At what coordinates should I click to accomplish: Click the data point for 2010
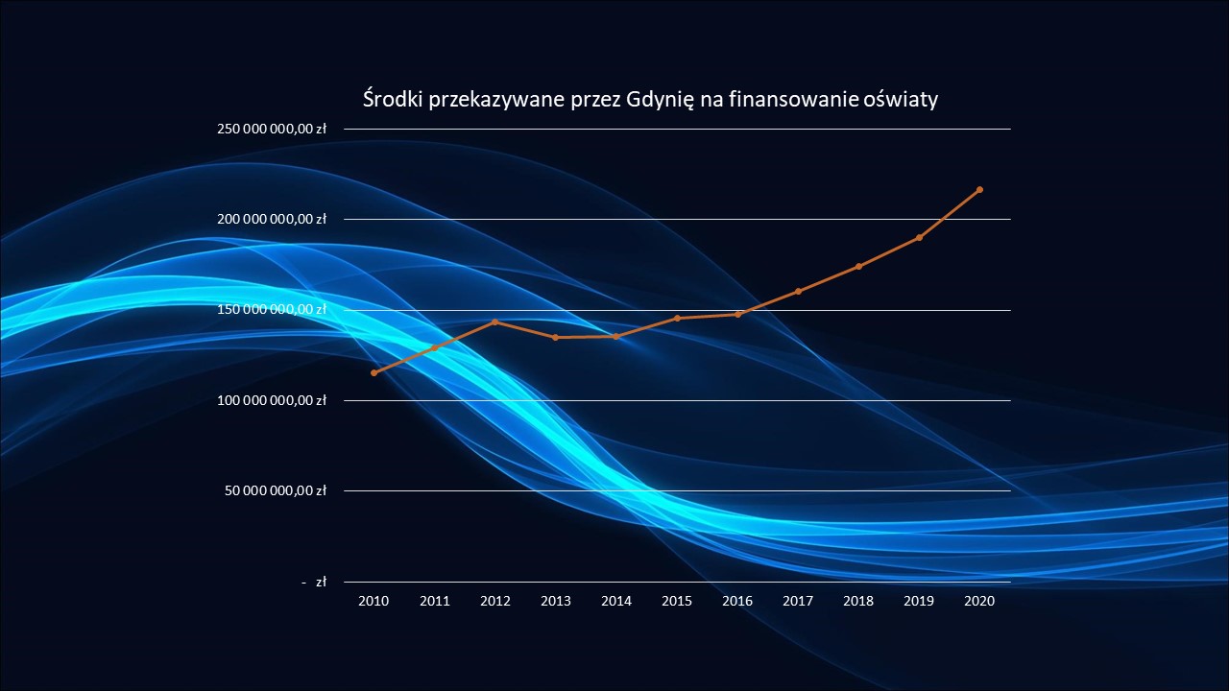[x=374, y=372]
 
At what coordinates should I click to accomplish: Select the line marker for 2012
[x=494, y=322]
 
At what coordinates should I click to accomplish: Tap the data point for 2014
[x=615, y=336]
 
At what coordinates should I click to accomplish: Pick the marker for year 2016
[x=737, y=314]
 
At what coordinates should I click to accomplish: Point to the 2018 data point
[x=858, y=266]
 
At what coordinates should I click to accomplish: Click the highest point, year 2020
[x=979, y=189]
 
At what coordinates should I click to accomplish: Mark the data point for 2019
[x=919, y=237]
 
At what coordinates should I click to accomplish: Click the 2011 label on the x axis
[x=434, y=601]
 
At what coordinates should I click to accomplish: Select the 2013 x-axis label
[x=555, y=601]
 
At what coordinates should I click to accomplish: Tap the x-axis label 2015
[x=677, y=601]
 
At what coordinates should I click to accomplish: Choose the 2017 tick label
[x=798, y=601]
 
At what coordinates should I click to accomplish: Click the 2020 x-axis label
[x=979, y=601]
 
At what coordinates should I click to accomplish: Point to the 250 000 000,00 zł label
[x=272, y=129]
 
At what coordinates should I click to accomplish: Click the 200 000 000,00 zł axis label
[x=272, y=219]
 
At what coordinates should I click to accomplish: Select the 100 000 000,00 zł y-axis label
[x=272, y=400]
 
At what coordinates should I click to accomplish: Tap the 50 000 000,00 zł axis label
[x=277, y=490]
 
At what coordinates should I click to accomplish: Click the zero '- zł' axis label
[x=314, y=582]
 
